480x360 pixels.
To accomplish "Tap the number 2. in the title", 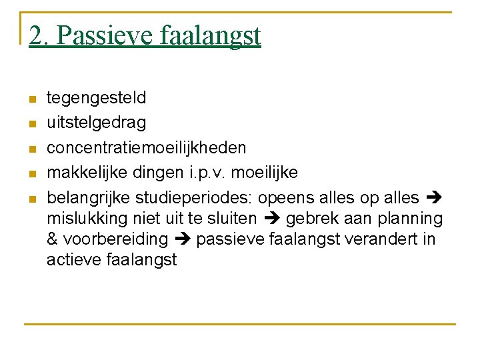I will point(39,35).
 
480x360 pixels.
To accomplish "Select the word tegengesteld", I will point(96,98).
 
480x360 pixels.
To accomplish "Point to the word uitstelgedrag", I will point(96,123).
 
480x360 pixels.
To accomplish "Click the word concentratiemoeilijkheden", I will point(146,147).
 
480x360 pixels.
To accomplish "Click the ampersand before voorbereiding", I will point(53,239).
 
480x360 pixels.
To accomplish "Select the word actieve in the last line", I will point(74,259).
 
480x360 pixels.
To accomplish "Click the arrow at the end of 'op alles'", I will point(433,198).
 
